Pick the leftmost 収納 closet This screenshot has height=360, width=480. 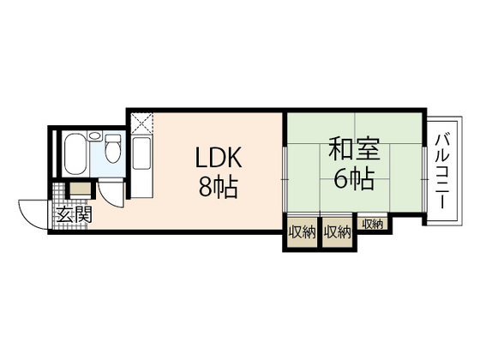pyautogui.click(x=301, y=231)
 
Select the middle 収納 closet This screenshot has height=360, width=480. pyautogui.click(x=338, y=231)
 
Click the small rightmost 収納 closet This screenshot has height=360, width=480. pyautogui.click(x=372, y=224)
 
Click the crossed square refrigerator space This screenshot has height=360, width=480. pyautogui.click(x=141, y=123)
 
